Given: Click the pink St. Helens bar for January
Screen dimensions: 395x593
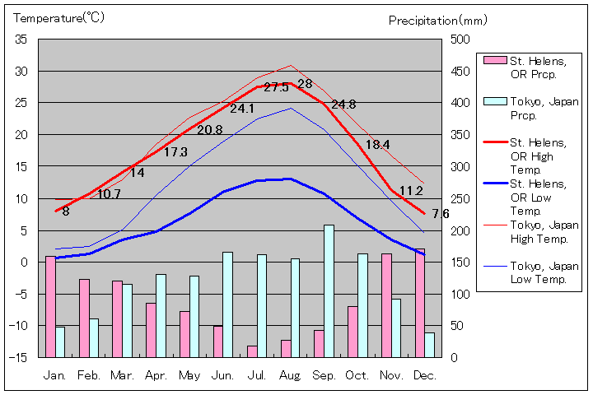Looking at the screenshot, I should (50, 306).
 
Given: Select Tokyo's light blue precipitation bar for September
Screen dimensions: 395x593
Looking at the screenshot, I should (329, 290).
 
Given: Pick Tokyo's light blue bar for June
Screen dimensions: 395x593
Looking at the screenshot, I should (228, 304).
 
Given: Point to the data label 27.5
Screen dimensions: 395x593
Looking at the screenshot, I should (276, 87).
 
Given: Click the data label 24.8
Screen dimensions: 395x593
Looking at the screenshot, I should (343, 105).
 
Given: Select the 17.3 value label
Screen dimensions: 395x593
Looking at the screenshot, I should (175, 152).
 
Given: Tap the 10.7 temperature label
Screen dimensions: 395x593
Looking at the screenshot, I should (109, 195).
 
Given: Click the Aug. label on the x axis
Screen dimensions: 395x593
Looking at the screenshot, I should (290, 375).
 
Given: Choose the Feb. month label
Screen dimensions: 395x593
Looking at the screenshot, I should (89, 375).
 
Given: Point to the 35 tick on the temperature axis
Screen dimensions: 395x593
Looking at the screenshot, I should (21, 39).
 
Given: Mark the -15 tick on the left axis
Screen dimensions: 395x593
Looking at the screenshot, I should (18, 357).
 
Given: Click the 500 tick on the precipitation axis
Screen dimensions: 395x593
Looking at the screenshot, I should (458, 39).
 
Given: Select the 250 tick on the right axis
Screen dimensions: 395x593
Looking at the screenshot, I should (458, 198).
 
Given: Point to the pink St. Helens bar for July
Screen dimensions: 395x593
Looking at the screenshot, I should (252, 351).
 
